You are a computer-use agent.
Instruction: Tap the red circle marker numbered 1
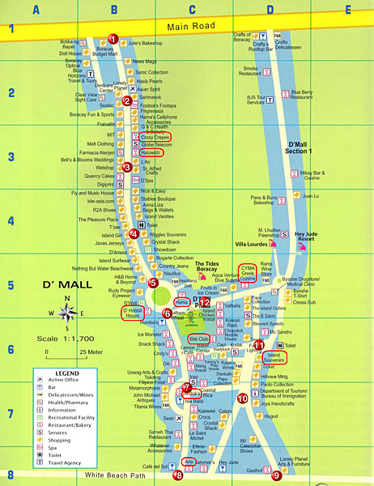coord(113,38)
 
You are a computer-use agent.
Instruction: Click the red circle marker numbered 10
coord(243,398)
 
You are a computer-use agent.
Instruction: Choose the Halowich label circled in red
coord(151,151)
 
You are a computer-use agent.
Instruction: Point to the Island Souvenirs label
coord(276,357)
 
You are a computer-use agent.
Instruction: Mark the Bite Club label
coord(198,339)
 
